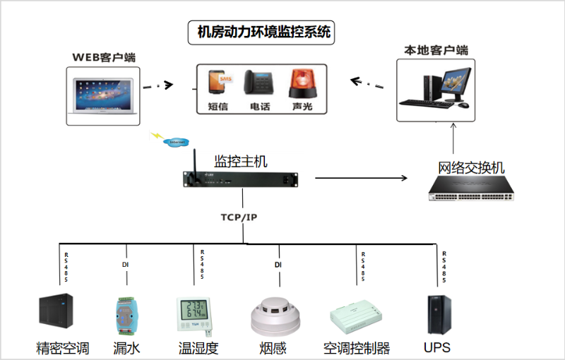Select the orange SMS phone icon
pos(218,83)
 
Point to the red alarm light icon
pos(301,83)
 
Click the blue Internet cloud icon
pos(176,143)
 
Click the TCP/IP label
pos(239,217)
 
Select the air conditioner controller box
pos(356,316)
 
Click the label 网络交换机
pos(471,168)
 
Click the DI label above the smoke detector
pos(278,265)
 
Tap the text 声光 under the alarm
pos(302,107)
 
